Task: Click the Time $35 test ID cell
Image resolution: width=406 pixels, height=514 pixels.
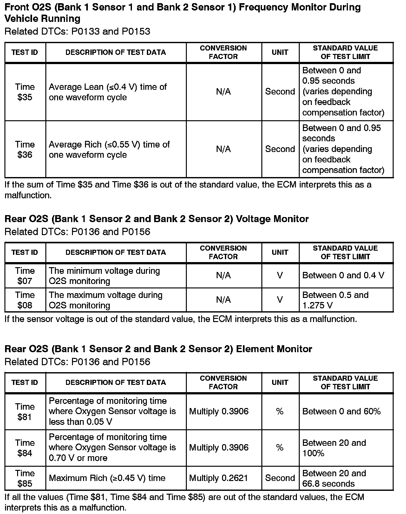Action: [25, 92]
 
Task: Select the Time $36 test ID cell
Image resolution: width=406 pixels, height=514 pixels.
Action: [25, 149]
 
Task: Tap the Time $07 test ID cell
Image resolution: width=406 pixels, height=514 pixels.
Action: [25, 276]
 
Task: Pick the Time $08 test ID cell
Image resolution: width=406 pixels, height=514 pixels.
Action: [25, 300]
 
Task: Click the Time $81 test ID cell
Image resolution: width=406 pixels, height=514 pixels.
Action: [25, 412]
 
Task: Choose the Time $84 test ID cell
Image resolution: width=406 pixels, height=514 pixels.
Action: [25, 448]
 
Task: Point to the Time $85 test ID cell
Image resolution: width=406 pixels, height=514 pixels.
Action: [25, 478]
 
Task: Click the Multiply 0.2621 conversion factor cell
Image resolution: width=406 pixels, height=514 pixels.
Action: [219, 478]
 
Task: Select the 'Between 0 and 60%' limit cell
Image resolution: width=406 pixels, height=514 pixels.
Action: [341, 412]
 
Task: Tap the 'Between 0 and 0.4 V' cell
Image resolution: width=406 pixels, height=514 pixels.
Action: [343, 275]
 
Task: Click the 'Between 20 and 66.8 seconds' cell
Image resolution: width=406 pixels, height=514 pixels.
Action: [334, 478]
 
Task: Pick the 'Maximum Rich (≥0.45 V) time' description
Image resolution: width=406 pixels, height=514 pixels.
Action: [107, 478]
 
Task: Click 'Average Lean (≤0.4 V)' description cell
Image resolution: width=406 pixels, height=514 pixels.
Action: [108, 92]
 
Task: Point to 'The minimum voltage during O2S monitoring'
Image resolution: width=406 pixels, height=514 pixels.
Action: [104, 276]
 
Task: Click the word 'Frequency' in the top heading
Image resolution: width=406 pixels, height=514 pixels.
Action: [263, 7]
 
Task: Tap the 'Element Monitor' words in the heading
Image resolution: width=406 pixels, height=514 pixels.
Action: [274, 349]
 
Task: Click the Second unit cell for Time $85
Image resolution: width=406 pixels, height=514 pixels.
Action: [280, 478]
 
